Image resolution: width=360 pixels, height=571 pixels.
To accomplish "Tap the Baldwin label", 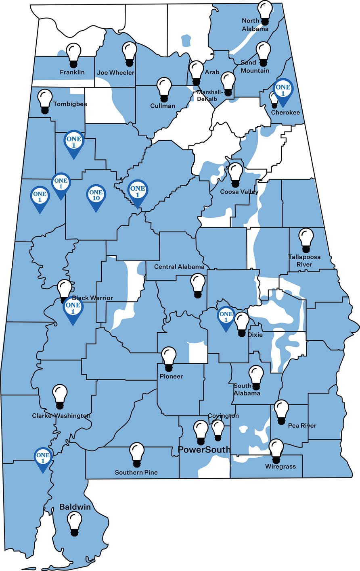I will pos(75,507).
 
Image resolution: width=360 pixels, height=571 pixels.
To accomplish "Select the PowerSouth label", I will pos(204,450).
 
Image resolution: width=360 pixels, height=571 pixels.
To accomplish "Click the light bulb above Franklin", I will pos(73,55).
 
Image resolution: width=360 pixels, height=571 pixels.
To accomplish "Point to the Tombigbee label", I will pos(70,104).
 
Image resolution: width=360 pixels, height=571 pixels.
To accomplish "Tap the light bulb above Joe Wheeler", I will pos(130,54).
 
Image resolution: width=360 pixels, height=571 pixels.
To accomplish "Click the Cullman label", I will pos(163,106).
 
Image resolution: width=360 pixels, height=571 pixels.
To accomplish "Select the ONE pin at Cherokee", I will pos(283,90).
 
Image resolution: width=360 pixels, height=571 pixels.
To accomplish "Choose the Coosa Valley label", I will pos(239,192).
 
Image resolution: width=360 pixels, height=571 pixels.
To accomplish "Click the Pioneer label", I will pos(171,376).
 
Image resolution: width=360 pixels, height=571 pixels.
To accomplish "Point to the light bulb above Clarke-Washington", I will pos(60,396).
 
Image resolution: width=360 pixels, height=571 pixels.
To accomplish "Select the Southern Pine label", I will pos(136,472).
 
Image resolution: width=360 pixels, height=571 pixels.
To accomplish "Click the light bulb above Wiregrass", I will pos(276,451).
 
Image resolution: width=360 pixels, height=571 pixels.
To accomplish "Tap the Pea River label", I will pos(302,425).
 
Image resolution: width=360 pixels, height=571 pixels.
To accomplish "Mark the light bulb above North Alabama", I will pos(265,11).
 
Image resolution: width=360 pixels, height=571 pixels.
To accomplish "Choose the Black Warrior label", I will pos(92,298).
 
